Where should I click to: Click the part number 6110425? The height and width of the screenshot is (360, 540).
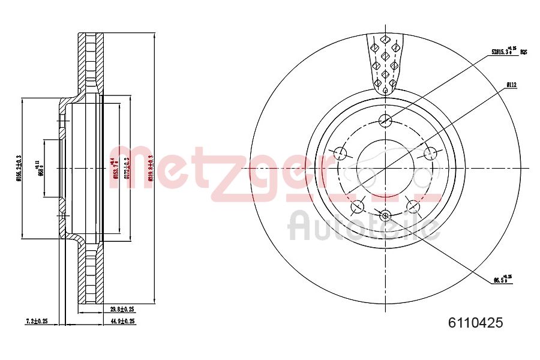tap(475, 323)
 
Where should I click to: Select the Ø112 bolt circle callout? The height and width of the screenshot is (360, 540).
tap(511, 85)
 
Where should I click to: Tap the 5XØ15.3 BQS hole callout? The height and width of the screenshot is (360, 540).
tap(508, 52)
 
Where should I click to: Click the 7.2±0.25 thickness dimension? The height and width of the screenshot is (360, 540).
tap(37, 322)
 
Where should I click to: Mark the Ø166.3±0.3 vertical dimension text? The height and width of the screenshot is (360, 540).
tap(19, 168)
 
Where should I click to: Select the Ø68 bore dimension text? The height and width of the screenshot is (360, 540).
tap(40, 168)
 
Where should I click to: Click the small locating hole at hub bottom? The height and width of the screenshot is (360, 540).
tap(385, 215)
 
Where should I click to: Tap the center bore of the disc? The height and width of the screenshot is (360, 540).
tap(385, 168)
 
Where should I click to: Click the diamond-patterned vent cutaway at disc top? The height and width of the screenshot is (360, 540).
tap(385, 63)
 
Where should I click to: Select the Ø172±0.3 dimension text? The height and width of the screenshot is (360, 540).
tap(127, 168)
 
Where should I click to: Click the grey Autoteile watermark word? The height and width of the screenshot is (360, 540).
tap(363, 227)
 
